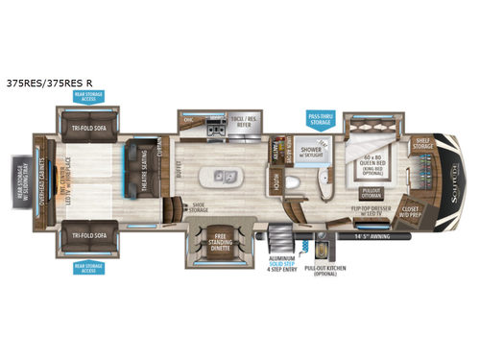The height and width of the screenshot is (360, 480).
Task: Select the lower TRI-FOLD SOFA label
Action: (87, 231)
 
